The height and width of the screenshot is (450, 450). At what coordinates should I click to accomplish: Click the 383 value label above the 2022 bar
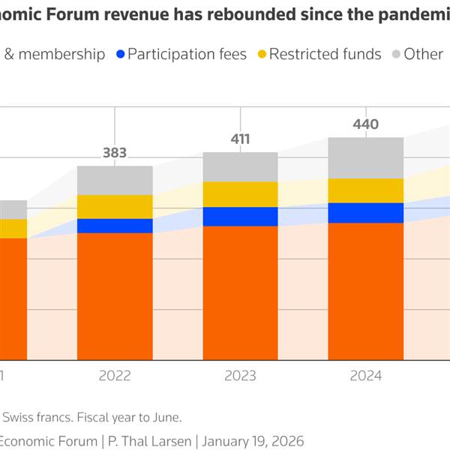(115, 153)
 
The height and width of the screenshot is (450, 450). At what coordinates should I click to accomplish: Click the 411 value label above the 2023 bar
(240, 139)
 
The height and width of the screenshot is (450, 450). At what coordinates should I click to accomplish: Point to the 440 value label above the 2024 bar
(366, 124)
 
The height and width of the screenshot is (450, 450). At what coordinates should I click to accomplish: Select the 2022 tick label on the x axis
(115, 376)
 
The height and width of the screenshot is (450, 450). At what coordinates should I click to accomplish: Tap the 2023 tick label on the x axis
(240, 376)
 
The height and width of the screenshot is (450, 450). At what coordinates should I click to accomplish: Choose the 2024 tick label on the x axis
(366, 376)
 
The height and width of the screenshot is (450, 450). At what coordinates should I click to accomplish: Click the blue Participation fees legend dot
(120, 54)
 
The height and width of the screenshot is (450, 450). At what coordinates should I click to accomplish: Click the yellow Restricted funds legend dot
(261, 54)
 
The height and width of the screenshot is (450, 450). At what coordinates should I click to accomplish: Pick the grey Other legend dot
(395, 54)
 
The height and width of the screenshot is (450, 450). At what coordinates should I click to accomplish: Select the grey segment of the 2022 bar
(115, 180)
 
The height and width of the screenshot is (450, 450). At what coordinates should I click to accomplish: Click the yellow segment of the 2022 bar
(115, 206)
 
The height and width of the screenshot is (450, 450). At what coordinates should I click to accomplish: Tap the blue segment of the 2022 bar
(115, 226)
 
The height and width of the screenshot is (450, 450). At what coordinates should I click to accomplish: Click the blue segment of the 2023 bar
(240, 217)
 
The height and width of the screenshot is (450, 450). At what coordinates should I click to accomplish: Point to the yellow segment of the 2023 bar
(240, 194)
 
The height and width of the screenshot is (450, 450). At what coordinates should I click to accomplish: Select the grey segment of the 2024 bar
(366, 157)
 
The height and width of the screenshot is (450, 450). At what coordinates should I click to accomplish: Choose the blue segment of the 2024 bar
(366, 213)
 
